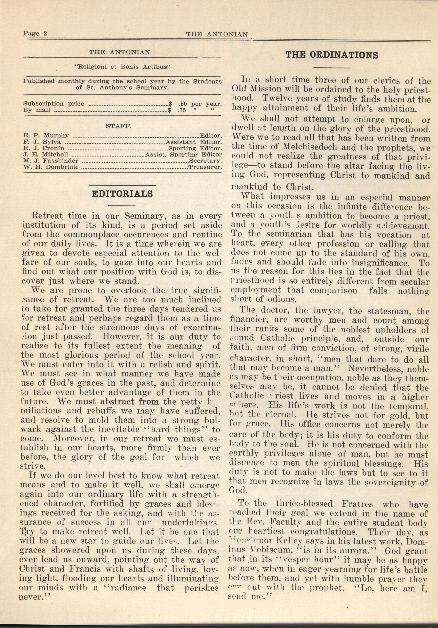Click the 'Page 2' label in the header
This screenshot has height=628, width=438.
[35, 34]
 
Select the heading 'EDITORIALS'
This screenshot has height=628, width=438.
[122, 194]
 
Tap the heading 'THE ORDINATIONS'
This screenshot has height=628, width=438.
[332, 55]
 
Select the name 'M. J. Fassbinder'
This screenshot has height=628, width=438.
[51, 161]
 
